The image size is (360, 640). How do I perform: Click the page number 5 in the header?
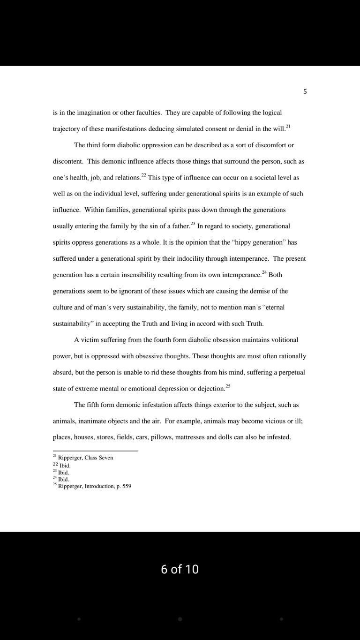click(x=305, y=92)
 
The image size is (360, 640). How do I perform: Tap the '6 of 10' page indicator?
click(x=180, y=569)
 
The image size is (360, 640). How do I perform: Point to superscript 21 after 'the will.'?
click(x=288, y=127)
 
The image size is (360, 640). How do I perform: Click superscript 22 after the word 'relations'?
click(x=143, y=175)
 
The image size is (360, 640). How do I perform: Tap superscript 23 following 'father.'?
click(x=193, y=224)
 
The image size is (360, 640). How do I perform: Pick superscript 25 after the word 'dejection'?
click(x=228, y=386)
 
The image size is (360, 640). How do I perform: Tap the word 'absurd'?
click(x=62, y=372)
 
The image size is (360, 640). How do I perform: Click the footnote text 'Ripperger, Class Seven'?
click(x=85, y=458)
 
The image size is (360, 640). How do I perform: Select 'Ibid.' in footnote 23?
click(x=63, y=473)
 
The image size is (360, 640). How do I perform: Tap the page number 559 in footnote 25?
click(x=127, y=486)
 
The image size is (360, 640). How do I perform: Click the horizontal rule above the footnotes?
click(x=95, y=451)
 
